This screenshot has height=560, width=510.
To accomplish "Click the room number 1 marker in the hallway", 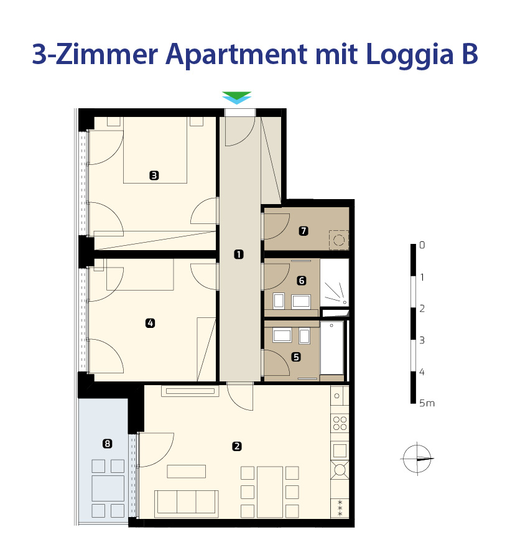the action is pos(238,254).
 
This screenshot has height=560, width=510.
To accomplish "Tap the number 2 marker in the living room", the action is pos(236,446).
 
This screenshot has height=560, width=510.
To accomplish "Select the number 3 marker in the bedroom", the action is pos(154,175).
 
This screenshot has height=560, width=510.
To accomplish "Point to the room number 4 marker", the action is pos(151,323).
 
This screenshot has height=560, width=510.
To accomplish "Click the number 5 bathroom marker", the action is pos(296,357).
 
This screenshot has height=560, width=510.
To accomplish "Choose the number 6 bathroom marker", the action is pos(302,281).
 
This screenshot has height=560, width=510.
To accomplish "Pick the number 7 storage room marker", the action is pos(304,231).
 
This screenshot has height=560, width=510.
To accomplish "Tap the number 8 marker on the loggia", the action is pos(107,444).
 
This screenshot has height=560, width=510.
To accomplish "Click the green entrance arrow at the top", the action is pos(236,95).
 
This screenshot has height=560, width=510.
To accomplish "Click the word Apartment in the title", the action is pos(236,55).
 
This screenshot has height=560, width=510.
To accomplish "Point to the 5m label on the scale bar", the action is pos(427,403).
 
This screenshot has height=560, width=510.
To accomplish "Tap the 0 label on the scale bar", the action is pos(422,245).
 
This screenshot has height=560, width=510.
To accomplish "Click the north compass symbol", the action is pos(417,459).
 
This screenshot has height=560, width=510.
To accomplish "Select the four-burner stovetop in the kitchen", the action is pos(340,423).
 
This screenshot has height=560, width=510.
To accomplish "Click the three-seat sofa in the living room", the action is pos(187,504).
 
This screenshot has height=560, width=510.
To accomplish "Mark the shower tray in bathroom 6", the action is pos(335,282).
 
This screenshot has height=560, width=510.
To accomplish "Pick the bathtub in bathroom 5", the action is pos(332,348).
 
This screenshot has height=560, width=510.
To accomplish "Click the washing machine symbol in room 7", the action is pos(339,240).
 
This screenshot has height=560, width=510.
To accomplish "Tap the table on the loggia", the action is pos(108,488).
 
